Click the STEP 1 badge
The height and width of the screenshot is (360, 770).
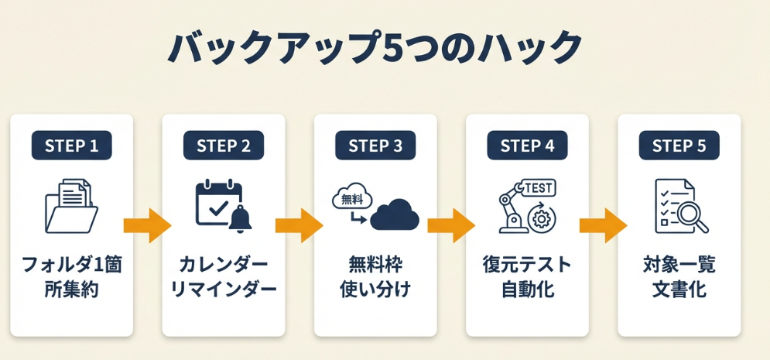(71, 146)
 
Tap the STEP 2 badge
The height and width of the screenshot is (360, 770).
(224, 146)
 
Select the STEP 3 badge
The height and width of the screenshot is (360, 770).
(375, 146)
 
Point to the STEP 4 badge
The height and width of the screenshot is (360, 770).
(527, 146)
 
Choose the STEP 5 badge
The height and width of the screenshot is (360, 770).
(679, 146)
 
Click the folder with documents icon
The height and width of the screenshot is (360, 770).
(70, 205)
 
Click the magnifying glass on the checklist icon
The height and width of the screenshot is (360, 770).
(694, 218)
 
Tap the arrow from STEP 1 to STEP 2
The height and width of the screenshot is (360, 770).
(147, 226)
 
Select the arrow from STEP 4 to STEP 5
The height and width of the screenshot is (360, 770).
(603, 226)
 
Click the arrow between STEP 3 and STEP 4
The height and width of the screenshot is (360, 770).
(451, 226)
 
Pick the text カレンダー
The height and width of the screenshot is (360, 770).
(224, 266)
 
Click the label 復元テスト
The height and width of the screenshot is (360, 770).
(527, 266)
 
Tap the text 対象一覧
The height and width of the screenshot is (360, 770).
(679, 266)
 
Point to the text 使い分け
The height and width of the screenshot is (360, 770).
(375, 291)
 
